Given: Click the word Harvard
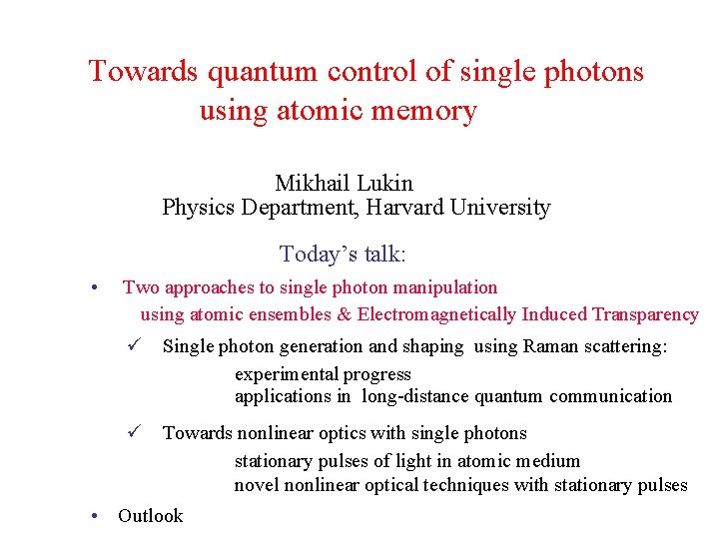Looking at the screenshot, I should click(x=404, y=208).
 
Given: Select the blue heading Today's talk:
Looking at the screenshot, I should click(x=343, y=255).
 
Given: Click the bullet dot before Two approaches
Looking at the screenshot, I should click(x=93, y=288).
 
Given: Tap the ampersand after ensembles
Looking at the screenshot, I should click(x=344, y=314).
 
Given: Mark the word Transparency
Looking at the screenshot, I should click(x=645, y=314).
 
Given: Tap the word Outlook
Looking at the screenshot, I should click(x=150, y=516).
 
